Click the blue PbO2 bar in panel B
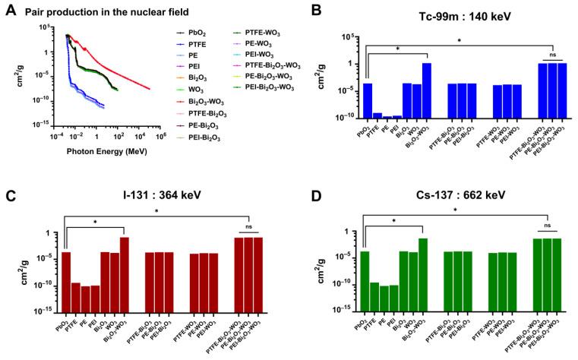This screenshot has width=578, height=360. pyautogui.click(x=368, y=100)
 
